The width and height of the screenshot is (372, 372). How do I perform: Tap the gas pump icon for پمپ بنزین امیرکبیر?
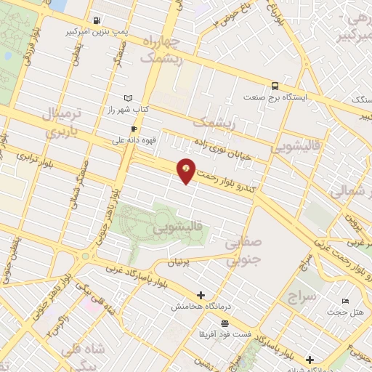pos(97,21)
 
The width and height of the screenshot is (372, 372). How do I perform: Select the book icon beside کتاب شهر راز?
pos(128,97)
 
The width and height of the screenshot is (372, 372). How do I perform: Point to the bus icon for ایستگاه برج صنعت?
pos(275,85)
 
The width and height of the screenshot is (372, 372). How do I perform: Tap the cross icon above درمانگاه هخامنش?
pos(201,296)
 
